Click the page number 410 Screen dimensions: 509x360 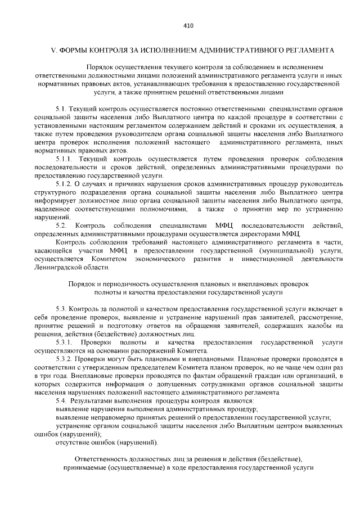coord(188,25)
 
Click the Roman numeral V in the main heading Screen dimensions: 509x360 coord(53,50)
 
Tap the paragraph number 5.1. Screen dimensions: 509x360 coord(61,107)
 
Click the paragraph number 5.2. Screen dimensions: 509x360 coord(61,226)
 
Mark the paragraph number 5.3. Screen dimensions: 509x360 coord(61,309)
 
